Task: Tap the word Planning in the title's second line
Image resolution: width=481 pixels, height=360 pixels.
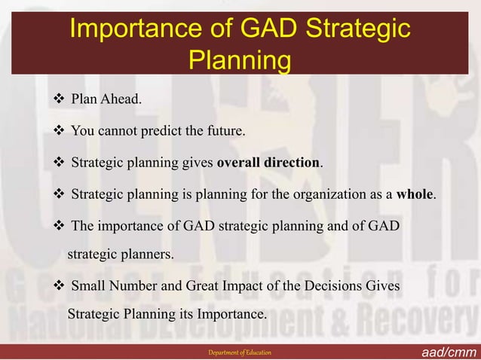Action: click(240, 60)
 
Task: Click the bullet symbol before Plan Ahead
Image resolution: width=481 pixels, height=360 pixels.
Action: click(58, 100)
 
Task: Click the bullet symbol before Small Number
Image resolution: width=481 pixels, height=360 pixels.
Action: click(58, 287)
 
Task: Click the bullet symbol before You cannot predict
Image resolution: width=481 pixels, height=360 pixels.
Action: click(58, 132)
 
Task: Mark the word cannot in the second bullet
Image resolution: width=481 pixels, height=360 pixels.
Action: click(118, 132)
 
